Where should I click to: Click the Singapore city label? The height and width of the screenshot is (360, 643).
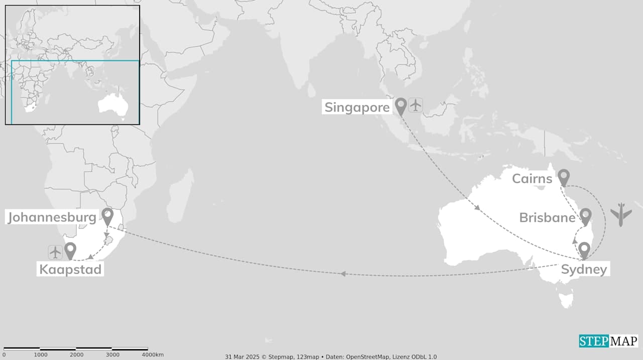click(x=357, y=107)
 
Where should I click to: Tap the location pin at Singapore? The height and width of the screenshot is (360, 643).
click(x=400, y=105)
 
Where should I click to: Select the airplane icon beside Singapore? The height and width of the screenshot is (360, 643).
click(x=415, y=105)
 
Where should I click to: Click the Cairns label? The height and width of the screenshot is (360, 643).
click(x=532, y=179)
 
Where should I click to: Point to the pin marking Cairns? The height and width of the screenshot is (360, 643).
click(x=564, y=177)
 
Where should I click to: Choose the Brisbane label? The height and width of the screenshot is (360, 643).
click(x=547, y=217)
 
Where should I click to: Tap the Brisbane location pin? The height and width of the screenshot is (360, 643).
click(x=585, y=216)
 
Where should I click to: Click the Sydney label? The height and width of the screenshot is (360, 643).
click(x=584, y=270)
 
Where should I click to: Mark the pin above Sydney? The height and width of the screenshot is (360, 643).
click(x=584, y=250)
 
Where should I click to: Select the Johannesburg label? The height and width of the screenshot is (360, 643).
click(x=52, y=217)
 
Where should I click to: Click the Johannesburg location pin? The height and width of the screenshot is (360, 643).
click(x=108, y=216)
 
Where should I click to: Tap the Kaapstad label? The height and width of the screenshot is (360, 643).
click(x=71, y=270)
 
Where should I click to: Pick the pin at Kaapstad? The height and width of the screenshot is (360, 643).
click(x=70, y=250)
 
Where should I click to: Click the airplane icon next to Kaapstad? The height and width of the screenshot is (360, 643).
click(x=55, y=252)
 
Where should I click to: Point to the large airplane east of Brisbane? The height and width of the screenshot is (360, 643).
click(x=621, y=214)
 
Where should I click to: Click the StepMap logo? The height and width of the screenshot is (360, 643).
click(x=608, y=341)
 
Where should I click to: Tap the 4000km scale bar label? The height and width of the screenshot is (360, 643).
click(x=153, y=355)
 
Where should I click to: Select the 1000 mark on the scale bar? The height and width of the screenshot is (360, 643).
click(x=41, y=355)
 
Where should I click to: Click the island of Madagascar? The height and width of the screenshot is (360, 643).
click(x=180, y=197)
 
